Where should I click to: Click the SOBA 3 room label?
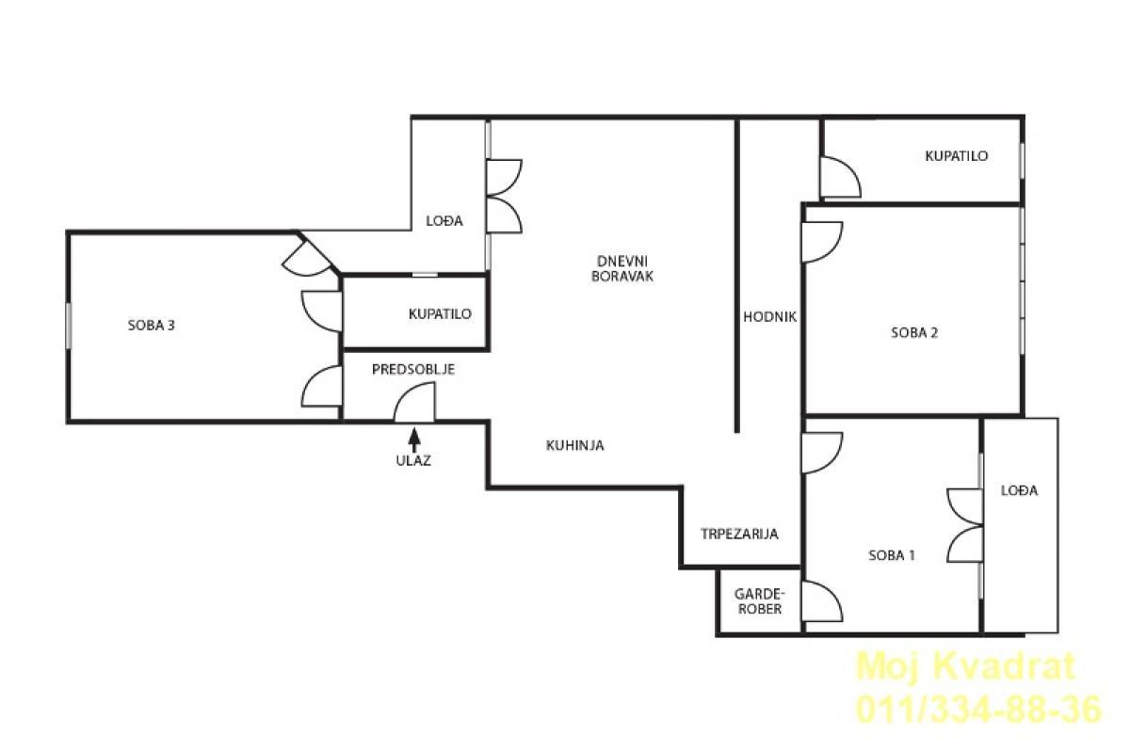(151, 326)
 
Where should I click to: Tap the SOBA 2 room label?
(914, 333)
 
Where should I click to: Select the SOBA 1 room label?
(892, 555)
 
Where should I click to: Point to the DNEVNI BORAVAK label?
(622, 268)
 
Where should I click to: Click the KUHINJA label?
(574, 445)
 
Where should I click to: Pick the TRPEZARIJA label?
(739, 534)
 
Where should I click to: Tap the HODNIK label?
(770, 317)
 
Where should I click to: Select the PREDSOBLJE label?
(413, 370)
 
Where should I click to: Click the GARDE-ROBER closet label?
(760, 601)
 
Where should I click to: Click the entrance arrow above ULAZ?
(414, 440)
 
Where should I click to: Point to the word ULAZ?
(413, 460)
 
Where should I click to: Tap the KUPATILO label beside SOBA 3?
(440, 314)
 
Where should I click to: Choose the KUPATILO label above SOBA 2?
(956, 156)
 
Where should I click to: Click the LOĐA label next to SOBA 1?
(1019, 490)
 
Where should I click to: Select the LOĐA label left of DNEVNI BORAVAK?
(444, 220)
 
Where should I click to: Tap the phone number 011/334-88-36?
(978, 711)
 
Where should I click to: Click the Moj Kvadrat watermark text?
(965, 666)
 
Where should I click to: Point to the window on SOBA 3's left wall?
(68, 326)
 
